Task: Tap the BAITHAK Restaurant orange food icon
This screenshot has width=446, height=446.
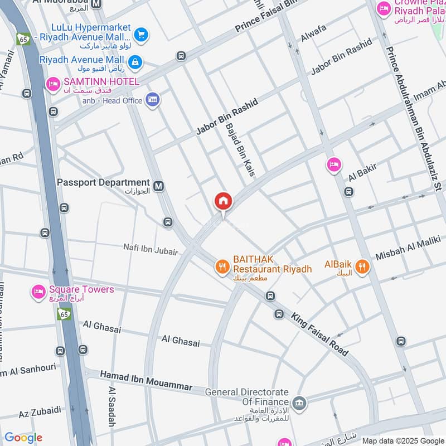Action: (222, 267)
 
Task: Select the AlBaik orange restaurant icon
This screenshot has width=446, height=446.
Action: (362, 267)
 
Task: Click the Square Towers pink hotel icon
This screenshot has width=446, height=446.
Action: (38, 292)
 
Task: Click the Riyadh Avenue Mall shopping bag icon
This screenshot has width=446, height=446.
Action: (135, 60)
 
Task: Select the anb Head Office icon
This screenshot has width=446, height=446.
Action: (152, 100)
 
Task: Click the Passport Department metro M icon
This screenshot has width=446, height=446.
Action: (159, 187)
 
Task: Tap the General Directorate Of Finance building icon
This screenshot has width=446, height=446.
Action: (299, 403)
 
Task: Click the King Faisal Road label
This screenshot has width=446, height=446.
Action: (319, 333)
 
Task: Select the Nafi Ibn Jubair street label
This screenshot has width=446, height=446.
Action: (151, 249)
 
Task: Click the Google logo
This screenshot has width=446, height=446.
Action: (23, 438)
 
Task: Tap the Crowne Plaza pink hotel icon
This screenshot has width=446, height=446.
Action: (384, 8)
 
